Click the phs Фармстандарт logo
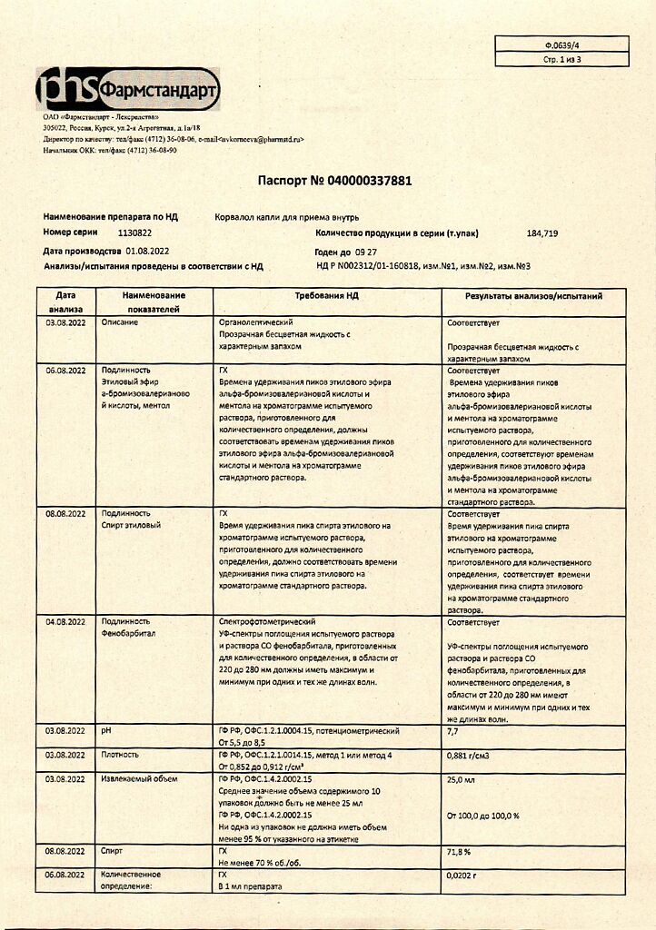[x=126, y=88]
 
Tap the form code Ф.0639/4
[x=562, y=44]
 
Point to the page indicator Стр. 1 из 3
[x=562, y=59]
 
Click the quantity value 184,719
[x=542, y=233]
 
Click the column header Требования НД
[x=327, y=296]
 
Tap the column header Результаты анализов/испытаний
[x=533, y=296]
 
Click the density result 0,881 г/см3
[x=472, y=755]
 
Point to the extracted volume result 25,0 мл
[x=462, y=779]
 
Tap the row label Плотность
[x=121, y=755]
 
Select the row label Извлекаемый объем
[x=140, y=779]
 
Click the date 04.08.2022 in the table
[x=65, y=622]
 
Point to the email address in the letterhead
[x=262, y=140]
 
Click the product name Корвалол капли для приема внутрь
[x=287, y=217]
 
